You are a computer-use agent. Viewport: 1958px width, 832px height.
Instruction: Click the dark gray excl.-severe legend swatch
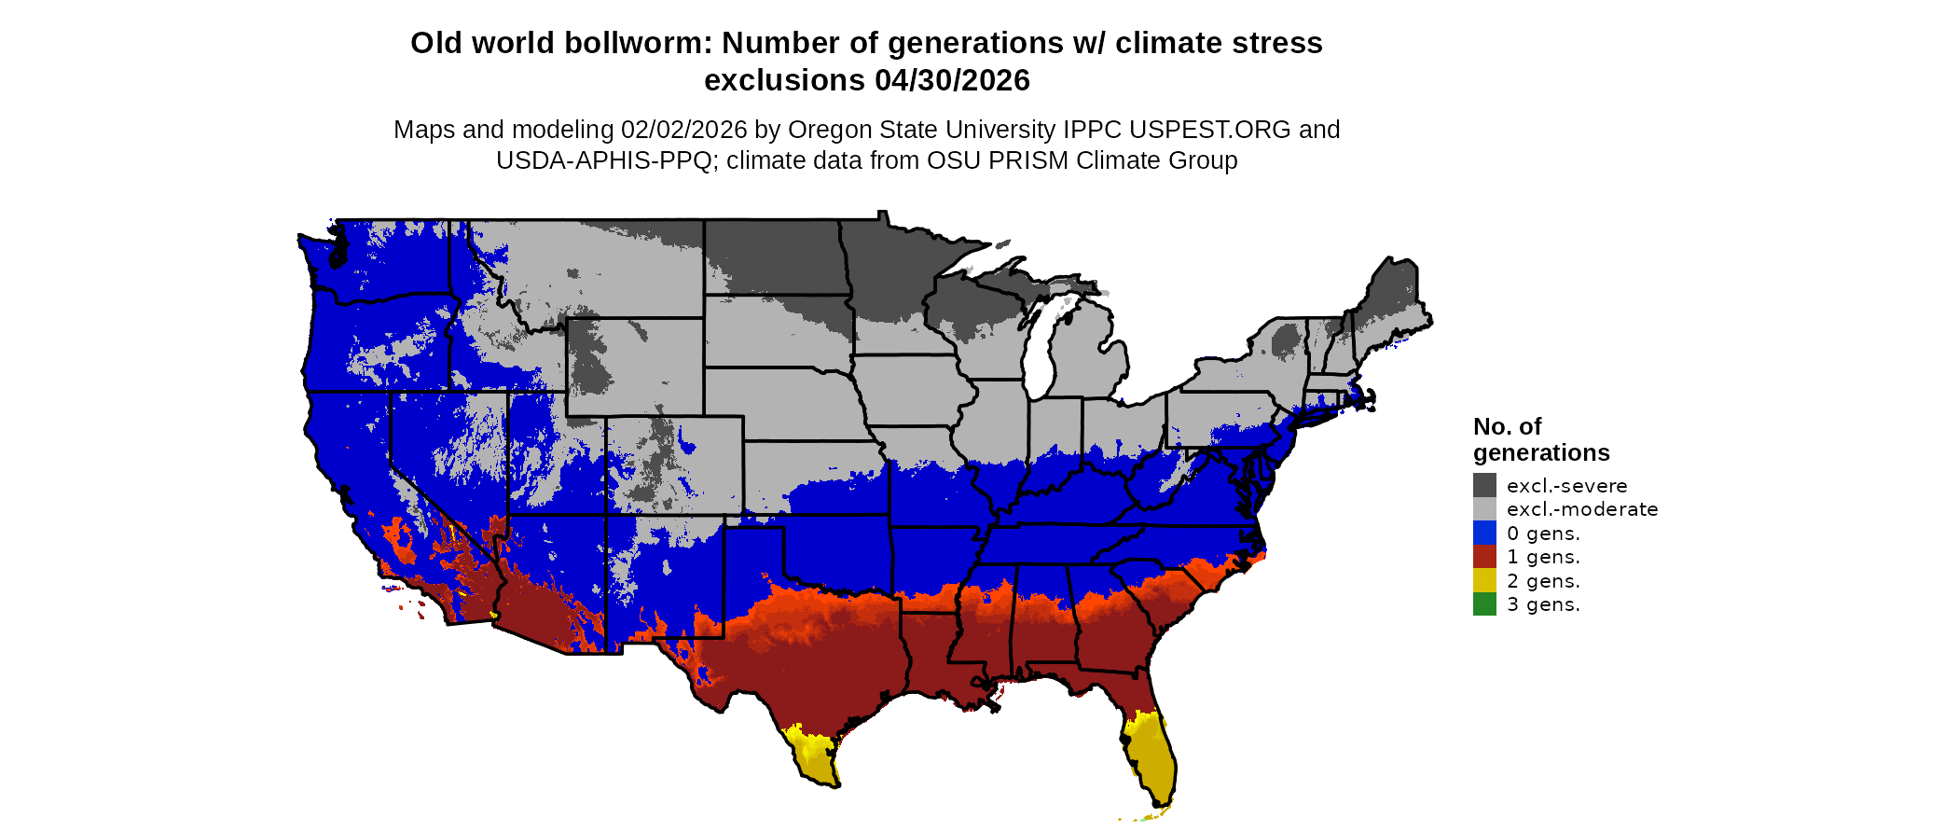pyautogui.click(x=1484, y=485)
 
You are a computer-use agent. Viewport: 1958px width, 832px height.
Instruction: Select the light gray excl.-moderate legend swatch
pyautogui.click(x=1484, y=509)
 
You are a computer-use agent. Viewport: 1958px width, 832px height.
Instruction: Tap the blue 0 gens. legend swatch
pyautogui.click(x=1484, y=533)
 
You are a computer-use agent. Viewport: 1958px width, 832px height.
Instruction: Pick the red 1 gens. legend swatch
pyautogui.click(x=1484, y=557)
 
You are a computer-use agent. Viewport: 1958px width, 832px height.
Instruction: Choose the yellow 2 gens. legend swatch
pyautogui.click(x=1484, y=580)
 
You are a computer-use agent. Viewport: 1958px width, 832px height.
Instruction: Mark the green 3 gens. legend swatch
pyautogui.click(x=1484, y=604)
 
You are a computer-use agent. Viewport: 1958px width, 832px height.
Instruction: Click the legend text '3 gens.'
pyautogui.click(x=1543, y=604)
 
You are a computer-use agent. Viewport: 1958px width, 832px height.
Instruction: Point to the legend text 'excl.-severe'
pyautogui.click(x=1566, y=486)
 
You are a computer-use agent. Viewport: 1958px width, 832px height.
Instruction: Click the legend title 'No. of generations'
pyautogui.click(x=1540, y=439)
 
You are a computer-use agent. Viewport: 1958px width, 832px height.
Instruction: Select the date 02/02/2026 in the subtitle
pyautogui.click(x=683, y=130)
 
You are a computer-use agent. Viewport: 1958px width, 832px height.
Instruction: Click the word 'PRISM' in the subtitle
pyautogui.click(x=1028, y=160)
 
